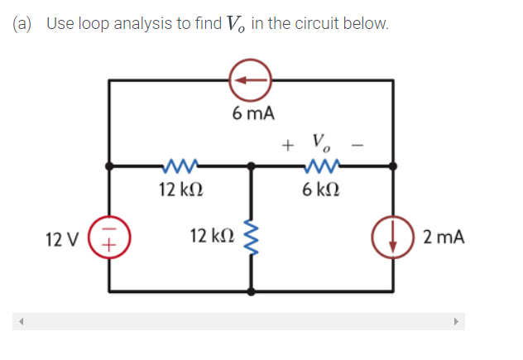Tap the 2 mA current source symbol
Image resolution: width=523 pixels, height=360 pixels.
pos(395,238)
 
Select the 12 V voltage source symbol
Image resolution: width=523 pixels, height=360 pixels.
pos(111,238)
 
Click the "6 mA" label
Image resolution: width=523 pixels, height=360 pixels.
pos(253,113)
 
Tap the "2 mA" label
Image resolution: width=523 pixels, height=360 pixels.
pos(443,238)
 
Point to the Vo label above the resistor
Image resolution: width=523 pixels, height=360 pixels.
pos(321,141)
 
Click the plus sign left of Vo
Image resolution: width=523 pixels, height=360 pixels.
pos(286,146)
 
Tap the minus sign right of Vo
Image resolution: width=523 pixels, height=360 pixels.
pos(357,146)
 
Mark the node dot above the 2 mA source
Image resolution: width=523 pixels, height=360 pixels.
pos(395,166)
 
